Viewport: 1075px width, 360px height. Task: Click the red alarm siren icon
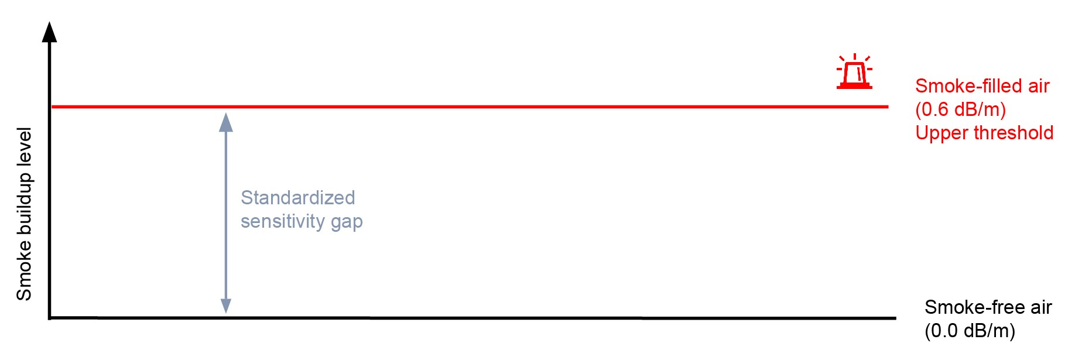pos(854,73)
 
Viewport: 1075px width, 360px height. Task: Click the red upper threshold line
pos(468,107)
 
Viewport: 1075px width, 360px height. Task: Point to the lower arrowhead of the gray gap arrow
pos(226,306)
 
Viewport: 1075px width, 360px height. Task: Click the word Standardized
pos(297,198)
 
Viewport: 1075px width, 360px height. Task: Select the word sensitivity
pos(283,221)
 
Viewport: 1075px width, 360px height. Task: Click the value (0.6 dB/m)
pos(960,109)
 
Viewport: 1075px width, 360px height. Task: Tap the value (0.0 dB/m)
pos(970,331)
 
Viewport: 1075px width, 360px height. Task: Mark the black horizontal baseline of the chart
pos(468,318)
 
